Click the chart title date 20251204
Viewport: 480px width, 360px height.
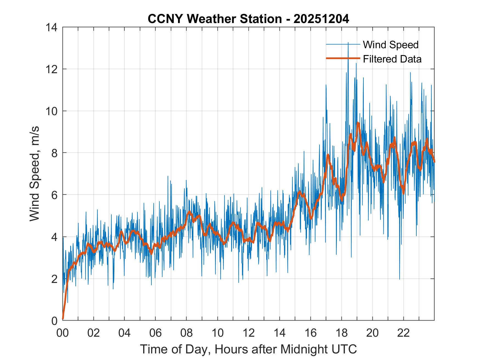coord(321,19)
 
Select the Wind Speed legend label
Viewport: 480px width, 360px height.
coord(391,45)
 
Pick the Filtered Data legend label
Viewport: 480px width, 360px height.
coord(392,59)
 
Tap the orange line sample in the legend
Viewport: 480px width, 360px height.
coord(343,58)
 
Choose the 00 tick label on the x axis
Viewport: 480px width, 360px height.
coord(63,333)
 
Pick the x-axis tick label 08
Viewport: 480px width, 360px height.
coord(187,333)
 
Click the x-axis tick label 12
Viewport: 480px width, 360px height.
coord(249,333)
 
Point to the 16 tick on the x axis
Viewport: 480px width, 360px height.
coord(310,333)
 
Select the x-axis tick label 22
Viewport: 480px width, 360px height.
coord(403,333)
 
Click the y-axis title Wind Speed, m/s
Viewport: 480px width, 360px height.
coord(35,174)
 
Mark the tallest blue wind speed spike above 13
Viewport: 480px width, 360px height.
coord(348,43)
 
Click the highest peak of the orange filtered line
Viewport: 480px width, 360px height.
coord(358,123)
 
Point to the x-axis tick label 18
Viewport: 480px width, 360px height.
coord(341,333)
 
